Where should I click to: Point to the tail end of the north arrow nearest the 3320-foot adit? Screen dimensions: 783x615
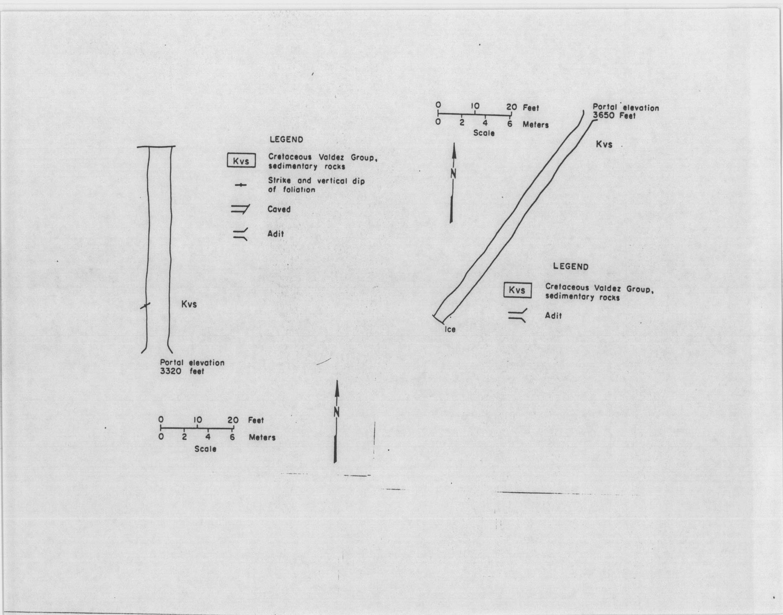(335, 462)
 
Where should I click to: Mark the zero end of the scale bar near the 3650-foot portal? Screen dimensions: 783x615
(438, 115)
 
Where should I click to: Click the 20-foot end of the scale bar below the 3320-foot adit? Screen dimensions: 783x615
(233, 429)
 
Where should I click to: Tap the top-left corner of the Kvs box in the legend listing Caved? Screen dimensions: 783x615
(227, 154)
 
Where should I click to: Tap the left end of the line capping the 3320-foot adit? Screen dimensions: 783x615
(137, 147)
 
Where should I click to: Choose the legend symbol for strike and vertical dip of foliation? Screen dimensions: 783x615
(241, 185)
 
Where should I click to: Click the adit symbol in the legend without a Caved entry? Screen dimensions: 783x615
(518, 315)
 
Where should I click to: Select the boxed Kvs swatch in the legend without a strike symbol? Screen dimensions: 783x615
(518, 290)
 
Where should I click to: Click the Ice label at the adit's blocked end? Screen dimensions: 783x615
(450, 329)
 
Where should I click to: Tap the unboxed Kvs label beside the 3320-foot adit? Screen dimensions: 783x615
(189, 304)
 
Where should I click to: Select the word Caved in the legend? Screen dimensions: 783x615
(279, 209)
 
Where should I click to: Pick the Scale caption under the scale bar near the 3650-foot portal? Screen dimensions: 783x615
(484, 133)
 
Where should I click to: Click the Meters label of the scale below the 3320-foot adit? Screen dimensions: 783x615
(262, 437)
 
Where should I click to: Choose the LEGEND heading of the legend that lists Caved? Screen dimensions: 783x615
(287, 140)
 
